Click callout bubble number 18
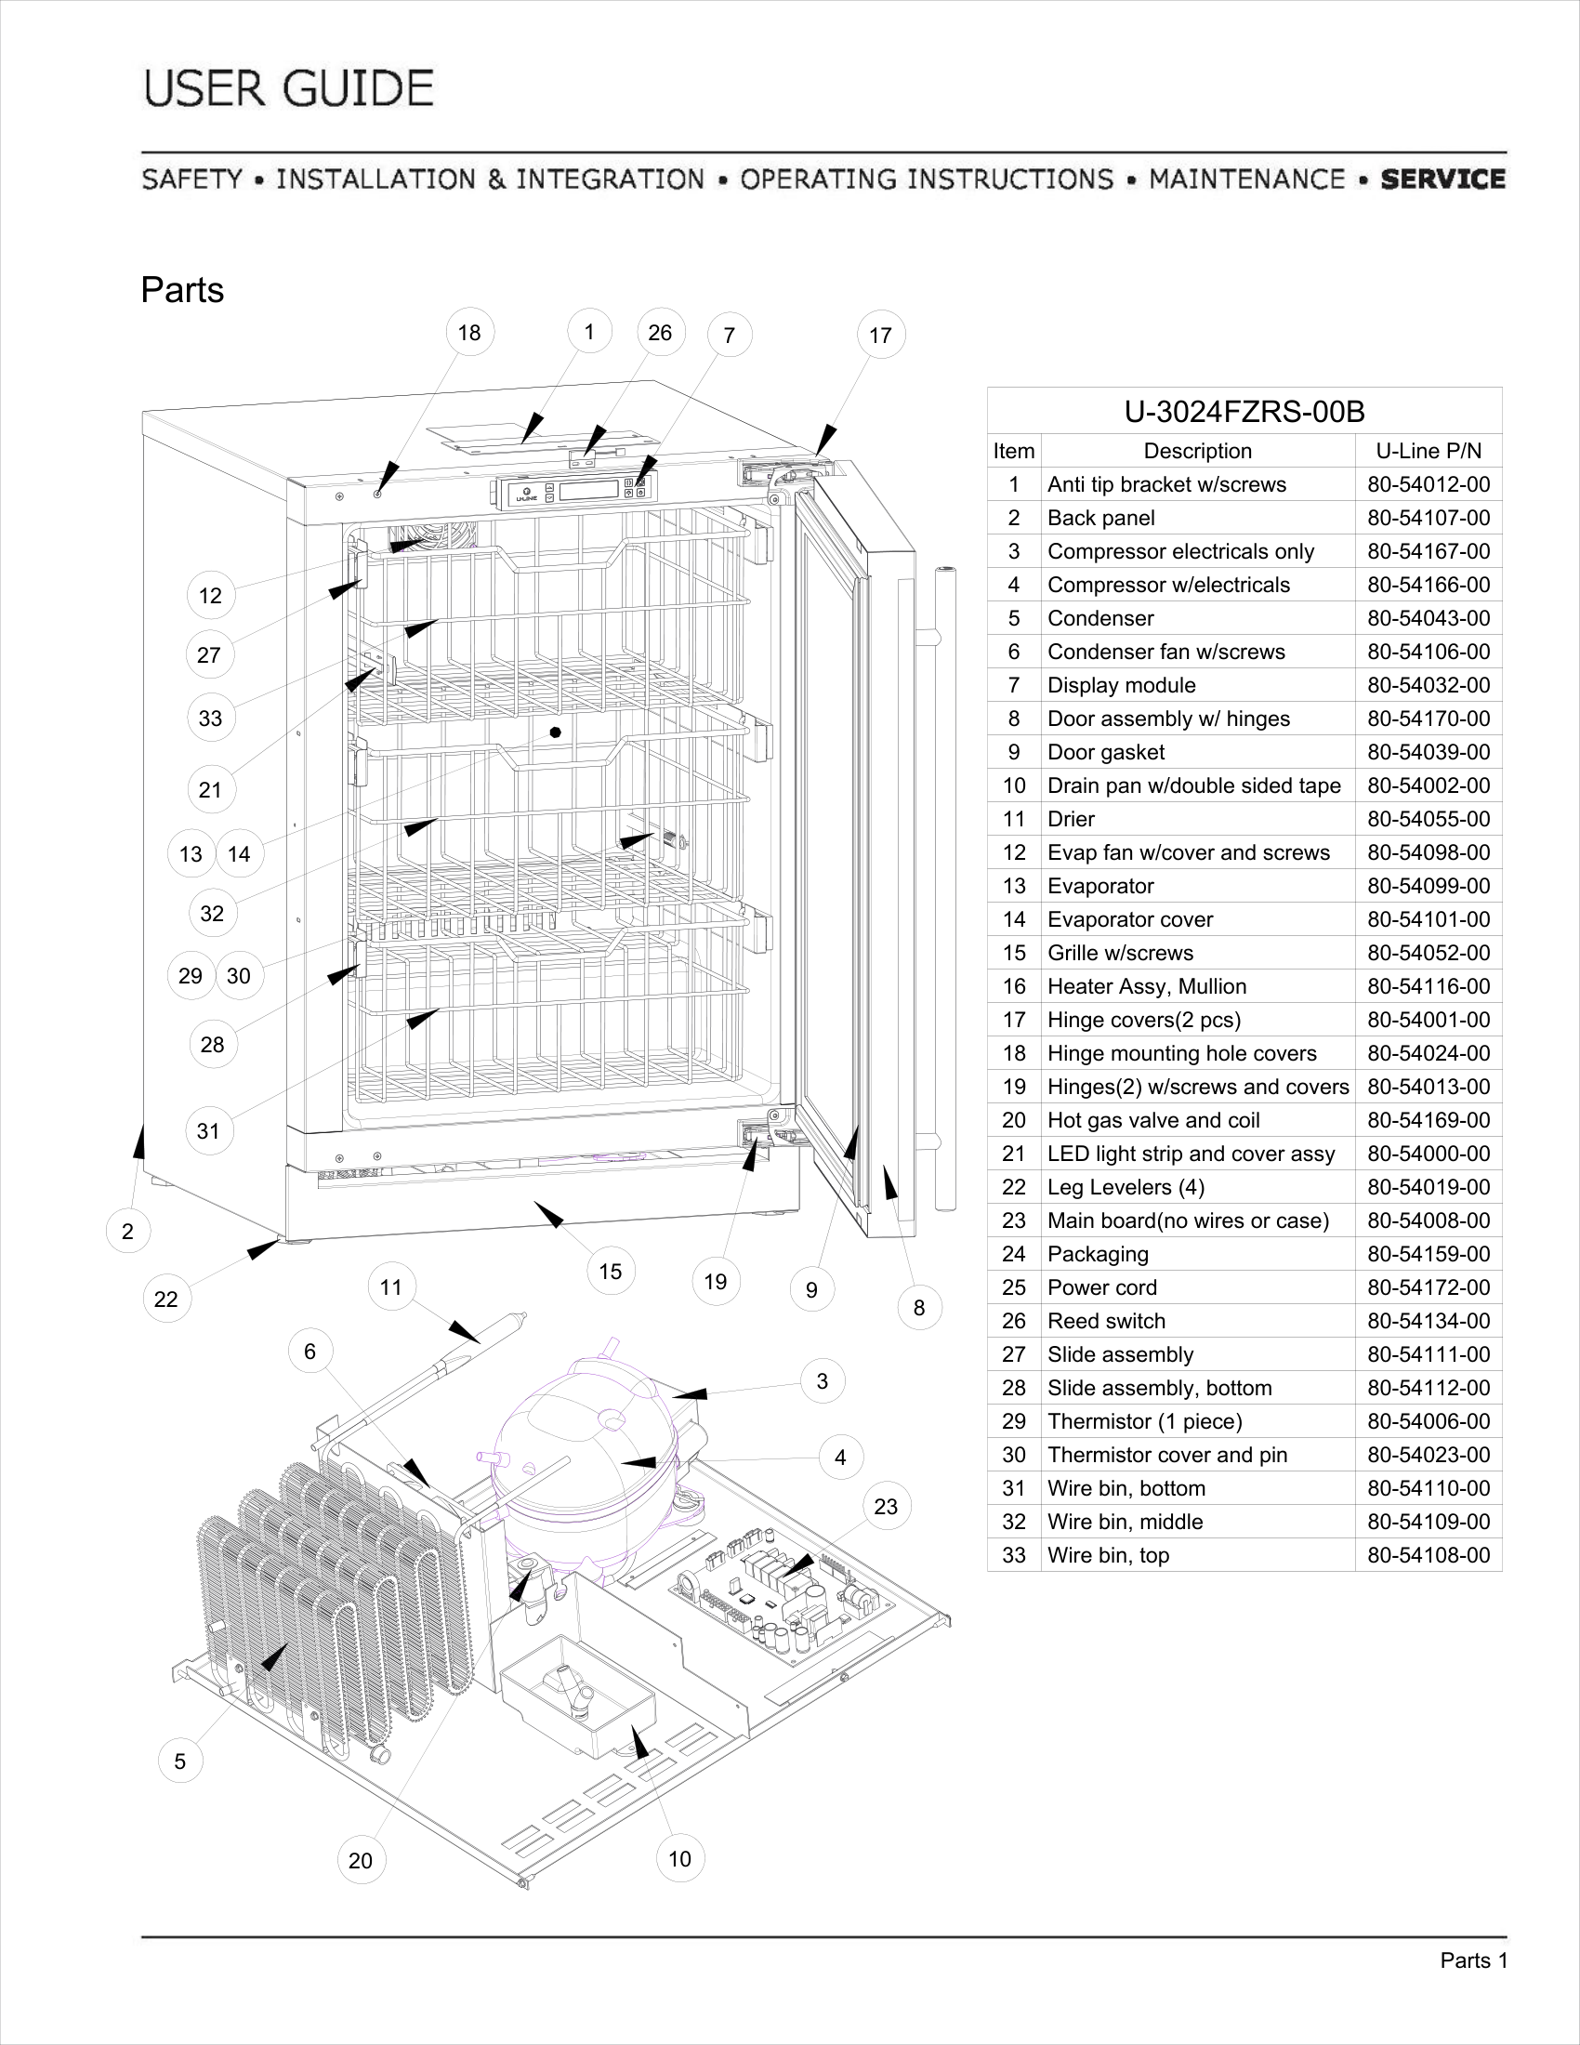pyautogui.click(x=469, y=333)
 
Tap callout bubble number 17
pyautogui.click(x=881, y=336)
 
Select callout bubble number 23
pyautogui.click(x=886, y=1507)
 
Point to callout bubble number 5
pyautogui.click(x=179, y=1761)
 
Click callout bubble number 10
pyautogui.click(x=679, y=1859)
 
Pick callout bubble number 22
pyautogui.click(x=165, y=1299)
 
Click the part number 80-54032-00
pyautogui.click(x=1429, y=685)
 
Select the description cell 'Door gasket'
pyautogui.click(x=1105, y=753)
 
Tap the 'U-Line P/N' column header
pyautogui.click(x=1429, y=452)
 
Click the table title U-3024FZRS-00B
pyautogui.click(x=1244, y=412)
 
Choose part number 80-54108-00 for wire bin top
pyautogui.click(x=1429, y=1555)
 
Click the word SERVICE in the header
pyautogui.click(x=1442, y=178)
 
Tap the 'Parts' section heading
pyautogui.click(x=182, y=290)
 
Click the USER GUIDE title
pyautogui.click(x=289, y=89)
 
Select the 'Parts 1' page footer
pyautogui.click(x=1473, y=1960)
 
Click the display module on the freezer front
pyautogui.click(x=574, y=490)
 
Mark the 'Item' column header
pyautogui.click(x=1014, y=452)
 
